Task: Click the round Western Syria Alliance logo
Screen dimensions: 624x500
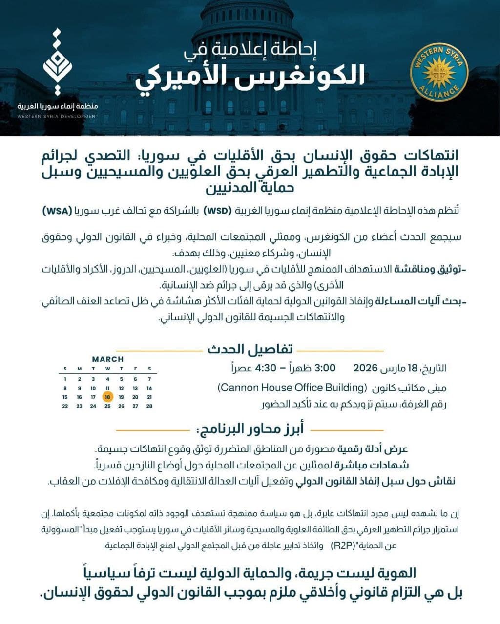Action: click(439, 72)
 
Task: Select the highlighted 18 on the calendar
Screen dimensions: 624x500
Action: click(107, 397)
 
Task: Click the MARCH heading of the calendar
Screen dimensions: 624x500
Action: click(107, 359)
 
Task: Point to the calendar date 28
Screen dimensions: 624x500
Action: click(149, 406)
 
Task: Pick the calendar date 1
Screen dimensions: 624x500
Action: click(65, 379)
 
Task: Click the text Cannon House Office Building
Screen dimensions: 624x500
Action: click(292, 388)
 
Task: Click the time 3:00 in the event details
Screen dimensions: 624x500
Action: click(325, 368)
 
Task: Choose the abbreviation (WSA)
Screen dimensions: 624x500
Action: click(57, 211)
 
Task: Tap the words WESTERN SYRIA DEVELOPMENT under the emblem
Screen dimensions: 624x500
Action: click(58, 117)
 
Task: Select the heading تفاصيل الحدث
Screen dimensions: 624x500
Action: click(250, 350)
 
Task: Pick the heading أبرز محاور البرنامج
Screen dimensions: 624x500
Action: click(250, 429)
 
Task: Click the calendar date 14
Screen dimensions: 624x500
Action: click(149, 388)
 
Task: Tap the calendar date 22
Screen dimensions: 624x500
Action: click(65, 406)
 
